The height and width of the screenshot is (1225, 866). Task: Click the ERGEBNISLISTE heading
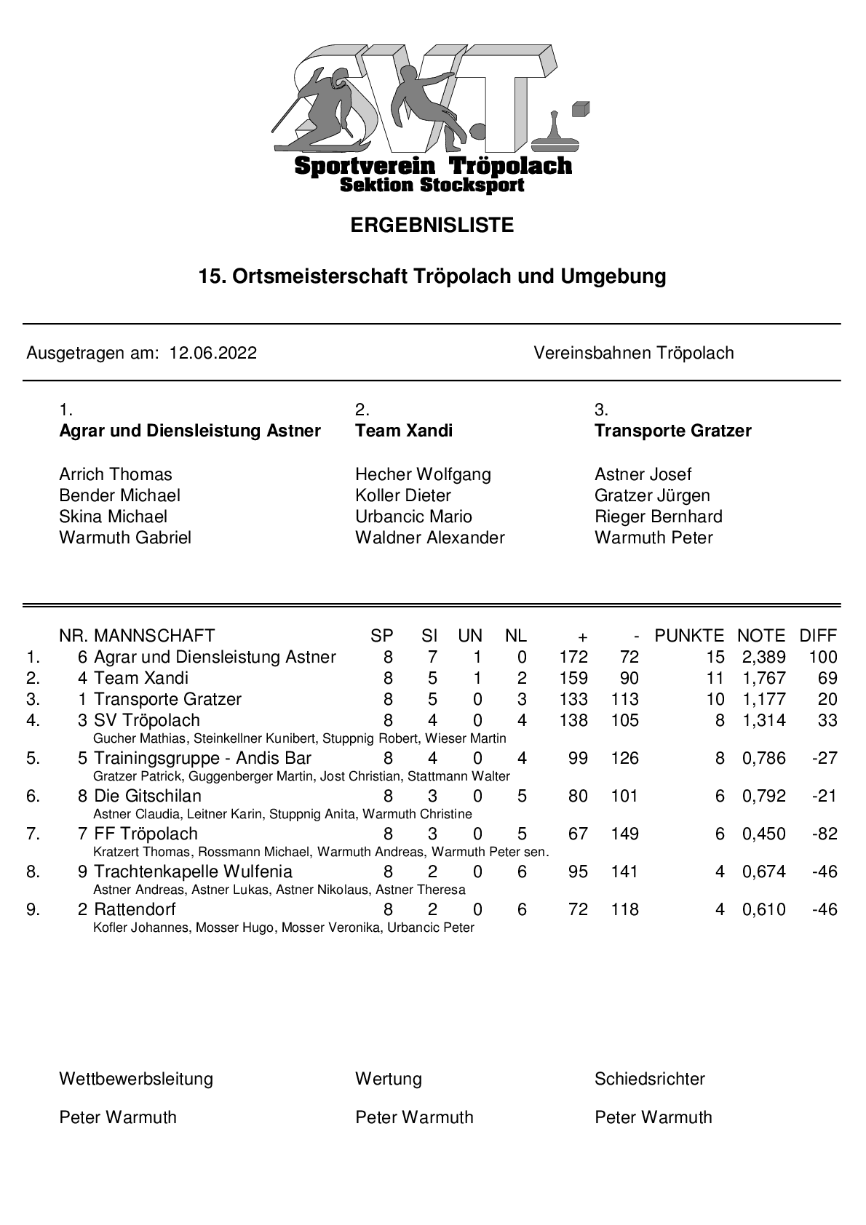tap(432, 226)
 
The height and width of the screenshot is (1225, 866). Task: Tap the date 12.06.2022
tap(212, 354)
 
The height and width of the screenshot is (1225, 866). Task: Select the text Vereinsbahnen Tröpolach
tap(633, 354)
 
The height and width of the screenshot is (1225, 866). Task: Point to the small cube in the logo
tap(579, 108)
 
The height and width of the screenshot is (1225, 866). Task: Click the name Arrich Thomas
tap(116, 475)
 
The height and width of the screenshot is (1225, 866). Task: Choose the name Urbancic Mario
tap(413, 517)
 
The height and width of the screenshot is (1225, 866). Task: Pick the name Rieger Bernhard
tap(658, 517)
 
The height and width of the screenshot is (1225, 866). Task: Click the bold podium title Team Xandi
tap(403, 431)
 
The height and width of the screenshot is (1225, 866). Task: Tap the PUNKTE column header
tap(688, 636)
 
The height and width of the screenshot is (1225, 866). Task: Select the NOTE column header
tap(760, 636)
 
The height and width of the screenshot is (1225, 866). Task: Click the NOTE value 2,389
tap(763, 658)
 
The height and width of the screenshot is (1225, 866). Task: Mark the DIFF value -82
tap(825, 834)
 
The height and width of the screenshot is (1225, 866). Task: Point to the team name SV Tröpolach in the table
tap(147, 721)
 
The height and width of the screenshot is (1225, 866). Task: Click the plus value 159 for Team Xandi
tap(573, 679)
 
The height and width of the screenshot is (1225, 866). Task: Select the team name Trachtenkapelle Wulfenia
tap(193, 872)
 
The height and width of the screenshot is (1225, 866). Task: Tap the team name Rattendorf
tap(135, 910)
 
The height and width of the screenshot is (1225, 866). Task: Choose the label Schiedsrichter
tap(649, 1080)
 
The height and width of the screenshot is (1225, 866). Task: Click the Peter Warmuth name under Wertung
tap(413, 1118)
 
